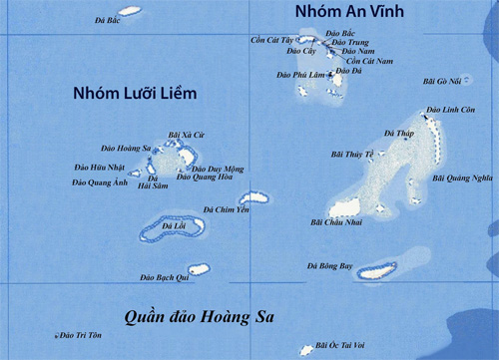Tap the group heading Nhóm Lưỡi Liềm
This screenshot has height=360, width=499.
135,94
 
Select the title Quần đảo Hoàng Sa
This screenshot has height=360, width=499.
200,317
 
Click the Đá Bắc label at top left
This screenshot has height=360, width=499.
107,20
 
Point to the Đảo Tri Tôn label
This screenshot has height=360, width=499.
81,336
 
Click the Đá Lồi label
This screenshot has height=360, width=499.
174,226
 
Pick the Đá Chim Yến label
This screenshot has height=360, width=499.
226,209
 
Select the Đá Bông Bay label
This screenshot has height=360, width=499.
329,266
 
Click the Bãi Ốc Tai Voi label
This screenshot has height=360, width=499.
339,345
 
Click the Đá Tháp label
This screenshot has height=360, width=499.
398,132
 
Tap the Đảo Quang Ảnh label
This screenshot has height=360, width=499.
100,182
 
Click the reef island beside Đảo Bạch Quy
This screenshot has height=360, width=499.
200,268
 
